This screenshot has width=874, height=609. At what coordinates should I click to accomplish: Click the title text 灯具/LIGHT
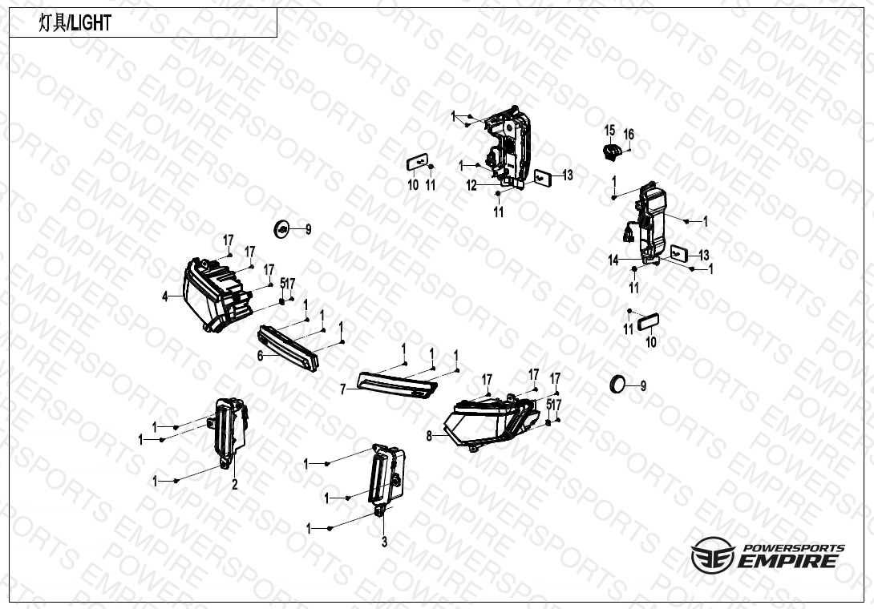[75, 23]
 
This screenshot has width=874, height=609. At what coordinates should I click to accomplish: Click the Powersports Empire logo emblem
[712, 555]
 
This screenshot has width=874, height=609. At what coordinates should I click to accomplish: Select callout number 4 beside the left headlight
[164, 297]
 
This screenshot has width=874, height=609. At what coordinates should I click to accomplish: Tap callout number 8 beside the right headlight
[429, 436]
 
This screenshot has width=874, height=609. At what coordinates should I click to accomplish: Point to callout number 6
[260, 356]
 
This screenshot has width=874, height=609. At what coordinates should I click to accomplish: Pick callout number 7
[343, 389]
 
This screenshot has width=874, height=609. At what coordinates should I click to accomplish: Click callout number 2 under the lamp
[235, 485]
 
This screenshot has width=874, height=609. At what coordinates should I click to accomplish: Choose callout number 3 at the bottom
[384, 542]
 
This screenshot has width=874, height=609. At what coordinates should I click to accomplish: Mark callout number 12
[471, 186]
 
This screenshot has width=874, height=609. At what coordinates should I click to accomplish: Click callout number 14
[613, 260]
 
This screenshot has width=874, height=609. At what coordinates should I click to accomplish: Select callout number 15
[609, 131]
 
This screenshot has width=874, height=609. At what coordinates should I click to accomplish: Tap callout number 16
[629, 135]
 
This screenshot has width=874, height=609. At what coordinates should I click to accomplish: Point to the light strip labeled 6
[288, 349]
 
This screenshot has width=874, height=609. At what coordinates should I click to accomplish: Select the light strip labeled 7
[398, 385]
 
